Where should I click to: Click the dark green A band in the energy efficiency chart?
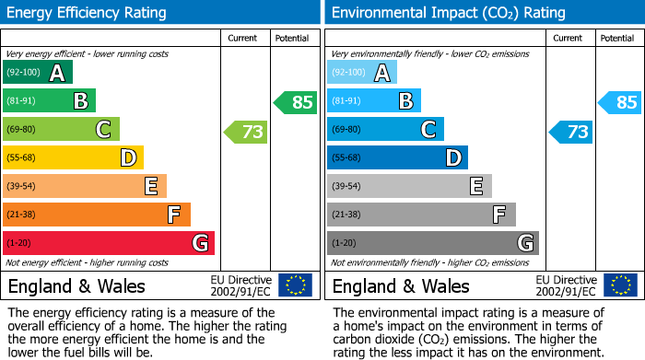tap(37, 73)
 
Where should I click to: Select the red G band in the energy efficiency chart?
tap(109, 243)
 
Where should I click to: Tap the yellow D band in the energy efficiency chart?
tap(74, 158)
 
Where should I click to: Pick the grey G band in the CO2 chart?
tap(432, 243)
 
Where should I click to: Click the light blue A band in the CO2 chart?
tap(361, 73)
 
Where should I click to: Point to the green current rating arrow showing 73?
tap(246, 132)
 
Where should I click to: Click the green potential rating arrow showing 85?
tap(296, 102)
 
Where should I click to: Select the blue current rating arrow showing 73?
tap(571, 132)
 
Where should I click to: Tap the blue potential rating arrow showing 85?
tap(620, 102)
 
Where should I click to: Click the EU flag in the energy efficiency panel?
tap(295, 285)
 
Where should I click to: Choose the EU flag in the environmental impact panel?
tap(620, 285)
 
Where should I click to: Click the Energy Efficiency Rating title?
tap(88, 13)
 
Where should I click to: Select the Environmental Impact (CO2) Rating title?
tap(448, 13)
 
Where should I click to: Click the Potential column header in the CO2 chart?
tap(617, 38)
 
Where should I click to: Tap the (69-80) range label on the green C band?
tap(23, 130)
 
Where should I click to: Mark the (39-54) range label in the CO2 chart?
tap(347, 187)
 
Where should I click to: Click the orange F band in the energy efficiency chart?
tap(97, 215)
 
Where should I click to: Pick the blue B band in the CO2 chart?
tap(373, 101)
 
